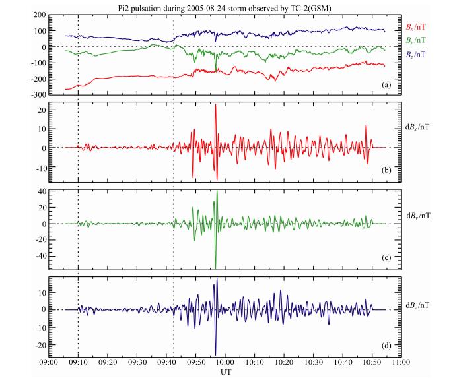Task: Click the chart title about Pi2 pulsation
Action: point(226,6)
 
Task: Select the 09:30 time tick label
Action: point(137,363)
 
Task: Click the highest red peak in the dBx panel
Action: point(215,106)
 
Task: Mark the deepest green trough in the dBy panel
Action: point(216,267)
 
